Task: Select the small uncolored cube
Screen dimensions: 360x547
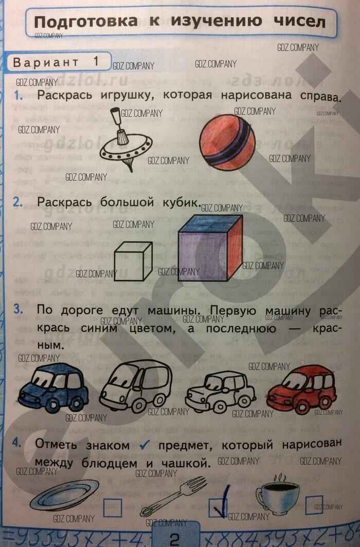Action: [133, 261]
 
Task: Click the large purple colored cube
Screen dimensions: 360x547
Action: [210, 248]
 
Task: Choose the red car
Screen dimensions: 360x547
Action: [301, 389]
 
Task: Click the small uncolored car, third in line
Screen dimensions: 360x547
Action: [220, 392]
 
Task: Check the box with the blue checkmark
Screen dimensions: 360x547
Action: [218, 507]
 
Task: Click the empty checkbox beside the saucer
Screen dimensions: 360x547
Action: [113, 507]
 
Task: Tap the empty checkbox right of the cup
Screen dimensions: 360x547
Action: [314, 505]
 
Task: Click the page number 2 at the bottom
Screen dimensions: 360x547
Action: [174, 539]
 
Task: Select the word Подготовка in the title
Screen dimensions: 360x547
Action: [86, 22]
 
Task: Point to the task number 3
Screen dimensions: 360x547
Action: [18, 309]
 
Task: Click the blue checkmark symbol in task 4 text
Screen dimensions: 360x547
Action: [145, 444]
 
